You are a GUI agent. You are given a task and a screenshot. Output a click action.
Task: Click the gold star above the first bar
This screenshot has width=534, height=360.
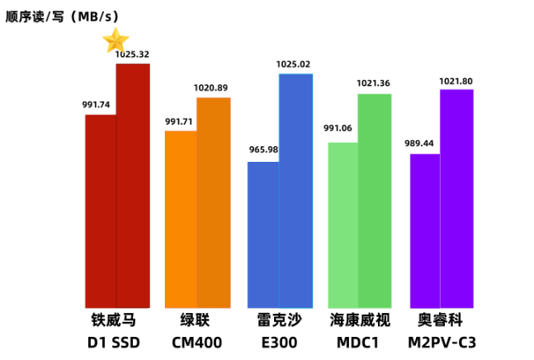point(116,40)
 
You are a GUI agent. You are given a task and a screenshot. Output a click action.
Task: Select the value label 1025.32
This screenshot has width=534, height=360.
point(132,54)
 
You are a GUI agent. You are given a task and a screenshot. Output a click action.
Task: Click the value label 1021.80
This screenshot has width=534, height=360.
point(456,81)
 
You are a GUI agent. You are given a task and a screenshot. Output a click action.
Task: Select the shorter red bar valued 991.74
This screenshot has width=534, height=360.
point(101,211)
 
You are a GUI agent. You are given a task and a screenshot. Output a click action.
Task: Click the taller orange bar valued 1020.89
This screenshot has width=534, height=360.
point(214,202)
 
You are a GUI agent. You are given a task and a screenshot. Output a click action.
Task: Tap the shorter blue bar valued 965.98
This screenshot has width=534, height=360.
point(263,234)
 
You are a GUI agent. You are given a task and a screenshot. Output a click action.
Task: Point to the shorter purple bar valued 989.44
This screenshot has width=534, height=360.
point(425,230)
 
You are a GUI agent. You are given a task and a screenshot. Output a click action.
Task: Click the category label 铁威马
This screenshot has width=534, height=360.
point(114,320)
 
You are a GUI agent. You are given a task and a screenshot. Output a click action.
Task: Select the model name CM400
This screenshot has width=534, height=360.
point(196,342)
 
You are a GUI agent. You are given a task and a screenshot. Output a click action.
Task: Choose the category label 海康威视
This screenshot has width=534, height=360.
point(360,320)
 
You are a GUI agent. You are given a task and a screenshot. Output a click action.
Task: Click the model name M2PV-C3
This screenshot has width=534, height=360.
point(442,342)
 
